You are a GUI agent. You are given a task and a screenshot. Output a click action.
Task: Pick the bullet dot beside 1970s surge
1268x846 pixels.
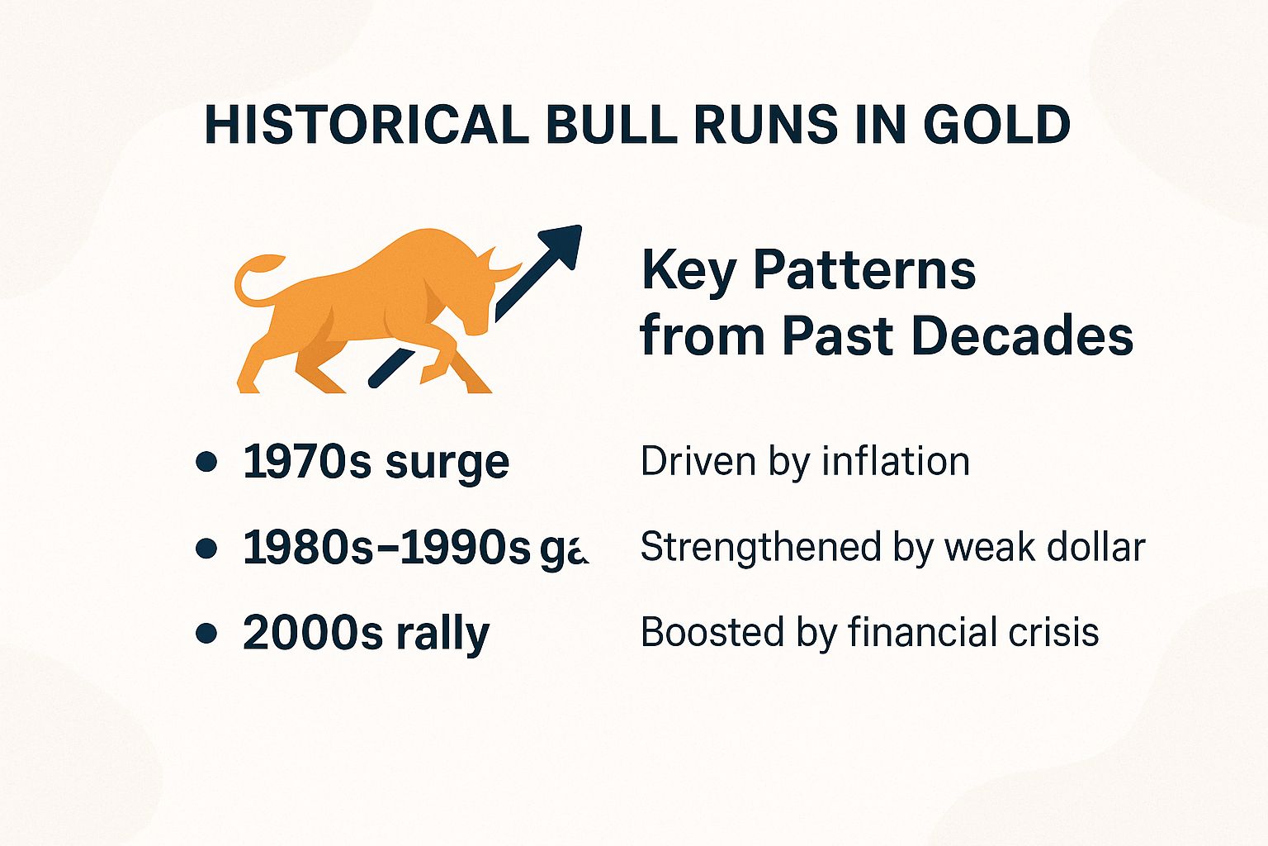coord(206,461)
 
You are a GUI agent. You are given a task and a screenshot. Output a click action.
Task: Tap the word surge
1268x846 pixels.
coord(447,463)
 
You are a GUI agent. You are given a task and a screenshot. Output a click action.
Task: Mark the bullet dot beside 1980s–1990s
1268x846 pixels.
coord(206,548)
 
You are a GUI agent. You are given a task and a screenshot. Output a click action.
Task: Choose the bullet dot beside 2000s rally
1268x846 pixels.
coord(206,634)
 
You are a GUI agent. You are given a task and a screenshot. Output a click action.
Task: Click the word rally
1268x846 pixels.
coord(442,634)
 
